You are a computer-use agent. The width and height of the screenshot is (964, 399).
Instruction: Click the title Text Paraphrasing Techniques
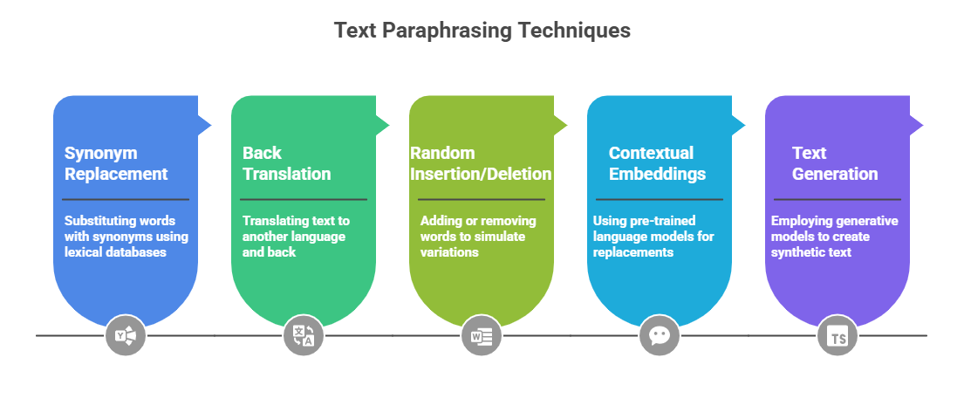point(482,31)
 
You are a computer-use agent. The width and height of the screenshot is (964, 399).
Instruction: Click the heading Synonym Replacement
point(116,163)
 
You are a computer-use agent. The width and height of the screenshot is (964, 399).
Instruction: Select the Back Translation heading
point(286,163)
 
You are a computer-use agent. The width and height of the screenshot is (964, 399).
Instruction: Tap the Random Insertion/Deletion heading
point(481,163)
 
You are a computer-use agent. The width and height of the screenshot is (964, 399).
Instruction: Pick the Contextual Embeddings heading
point(657,163)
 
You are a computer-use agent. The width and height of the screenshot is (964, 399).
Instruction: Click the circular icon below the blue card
point(126,334)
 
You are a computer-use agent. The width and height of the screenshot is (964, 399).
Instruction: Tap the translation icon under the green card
point(304,334)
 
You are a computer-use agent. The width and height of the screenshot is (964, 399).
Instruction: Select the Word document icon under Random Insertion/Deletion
point(482,334)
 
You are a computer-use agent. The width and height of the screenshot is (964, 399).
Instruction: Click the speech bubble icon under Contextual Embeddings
point(660,334)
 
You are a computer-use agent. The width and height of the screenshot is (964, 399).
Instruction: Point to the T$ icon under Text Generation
point(838,334)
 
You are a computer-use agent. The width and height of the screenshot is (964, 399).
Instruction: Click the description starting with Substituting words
point(126,237)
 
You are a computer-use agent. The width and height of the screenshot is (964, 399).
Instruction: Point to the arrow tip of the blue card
point(207,126)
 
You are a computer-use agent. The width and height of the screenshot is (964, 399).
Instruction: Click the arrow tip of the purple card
point(919,126)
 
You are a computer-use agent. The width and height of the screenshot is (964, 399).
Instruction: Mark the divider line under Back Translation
point(304,200)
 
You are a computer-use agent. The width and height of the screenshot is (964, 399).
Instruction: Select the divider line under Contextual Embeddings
point(660,200)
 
